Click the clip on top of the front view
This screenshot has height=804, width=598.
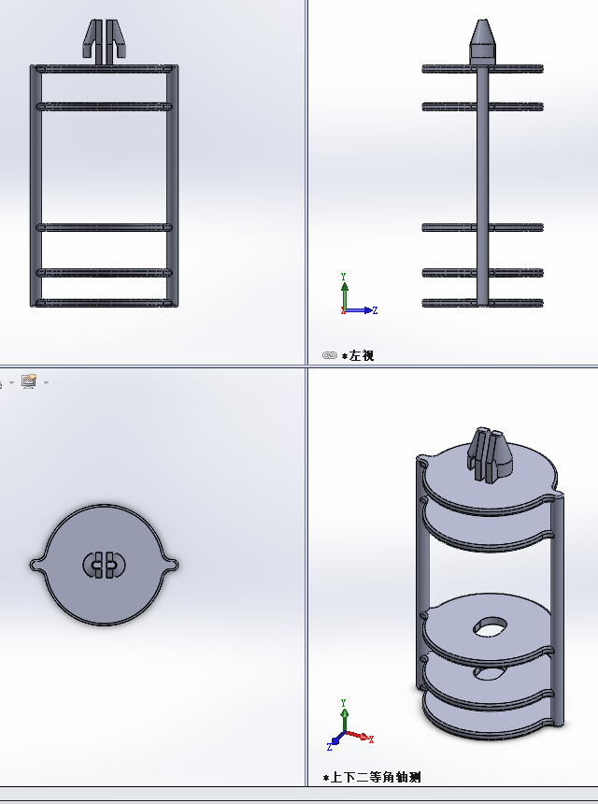click(x=104, y=42)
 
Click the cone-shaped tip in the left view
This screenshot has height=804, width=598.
click(x=482, y=41)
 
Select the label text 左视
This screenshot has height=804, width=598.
click(x=362, y=355)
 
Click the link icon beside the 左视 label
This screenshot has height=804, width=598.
click(x=330, y=355)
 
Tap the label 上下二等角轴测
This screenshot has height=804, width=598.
click(x=376, y=777)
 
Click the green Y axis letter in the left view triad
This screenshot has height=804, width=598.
click(x=343, y=277)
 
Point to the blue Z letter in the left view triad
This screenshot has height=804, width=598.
click(x=375, y=310)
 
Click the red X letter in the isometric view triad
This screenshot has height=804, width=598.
click(x=371, y=739)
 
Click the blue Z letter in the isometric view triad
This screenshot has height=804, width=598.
click(x=329, y=747)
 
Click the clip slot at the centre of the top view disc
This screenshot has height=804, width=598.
click(x=104, y=565)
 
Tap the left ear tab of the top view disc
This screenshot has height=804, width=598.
click(x=36, y=565)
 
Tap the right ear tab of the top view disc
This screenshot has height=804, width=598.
click(x=172, y=565)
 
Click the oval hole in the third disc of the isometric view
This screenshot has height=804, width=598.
click(x=490, y=627)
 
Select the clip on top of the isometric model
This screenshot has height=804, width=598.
click(x=489, y=456)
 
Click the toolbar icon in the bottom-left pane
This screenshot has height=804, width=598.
click(x=29, y=382)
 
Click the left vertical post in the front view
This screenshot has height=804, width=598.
click(x=36, y=186)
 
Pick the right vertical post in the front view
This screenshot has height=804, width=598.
click(x=172, y=186)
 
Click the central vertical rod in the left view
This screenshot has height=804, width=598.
click(x=482, y=184)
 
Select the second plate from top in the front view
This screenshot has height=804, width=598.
click(x=104, y=107)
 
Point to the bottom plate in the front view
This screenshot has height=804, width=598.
click(x=104, y=303)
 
